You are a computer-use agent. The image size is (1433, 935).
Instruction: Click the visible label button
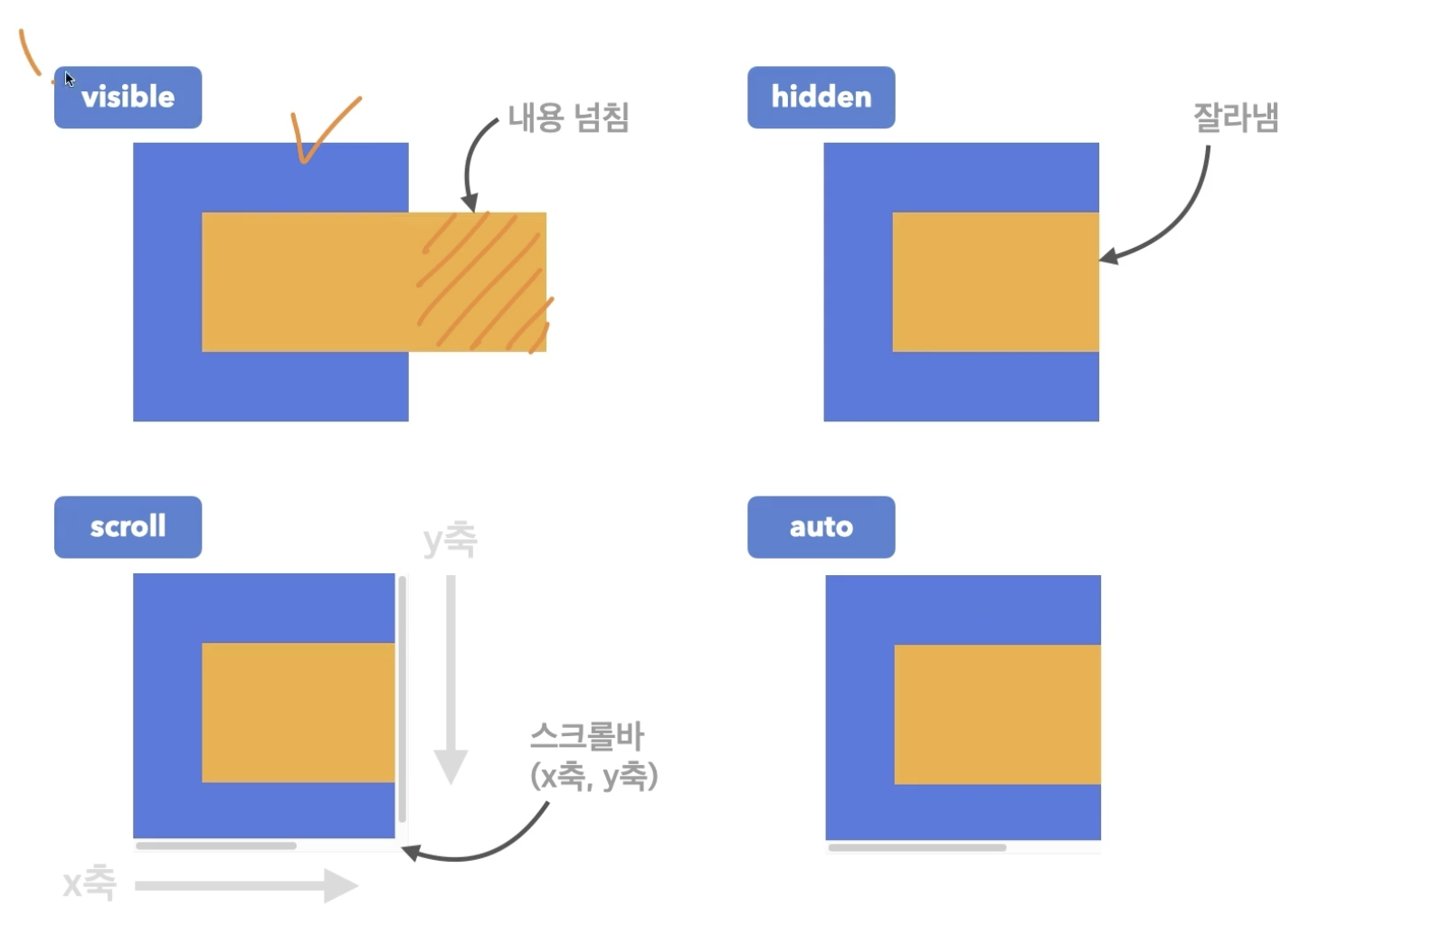click(128, 97)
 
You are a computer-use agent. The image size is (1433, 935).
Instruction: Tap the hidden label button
click(821, 97)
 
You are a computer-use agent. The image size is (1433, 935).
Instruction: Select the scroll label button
click(128, 526)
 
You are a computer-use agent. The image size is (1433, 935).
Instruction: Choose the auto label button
click(821, 526)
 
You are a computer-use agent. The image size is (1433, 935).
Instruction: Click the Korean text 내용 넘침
click(568, 117)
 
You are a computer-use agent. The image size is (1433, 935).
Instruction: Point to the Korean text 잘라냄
click(1235, 118)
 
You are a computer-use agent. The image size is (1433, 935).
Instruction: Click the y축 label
click(450, 540)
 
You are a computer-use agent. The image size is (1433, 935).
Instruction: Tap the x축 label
click(90, 883)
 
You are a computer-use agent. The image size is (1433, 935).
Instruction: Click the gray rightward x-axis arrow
click(246, 885)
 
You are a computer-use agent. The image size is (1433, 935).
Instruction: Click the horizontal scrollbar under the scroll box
click(216, 846)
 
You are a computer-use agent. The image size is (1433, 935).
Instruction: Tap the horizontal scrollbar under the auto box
click(916, 848)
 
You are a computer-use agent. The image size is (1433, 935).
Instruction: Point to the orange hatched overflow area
click(484, 282)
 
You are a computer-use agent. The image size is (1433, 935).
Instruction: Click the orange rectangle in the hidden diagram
click(995, 282)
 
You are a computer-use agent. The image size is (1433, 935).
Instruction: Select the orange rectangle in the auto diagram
click(997, 714)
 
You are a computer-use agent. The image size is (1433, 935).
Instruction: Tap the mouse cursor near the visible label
click(69, 79)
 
